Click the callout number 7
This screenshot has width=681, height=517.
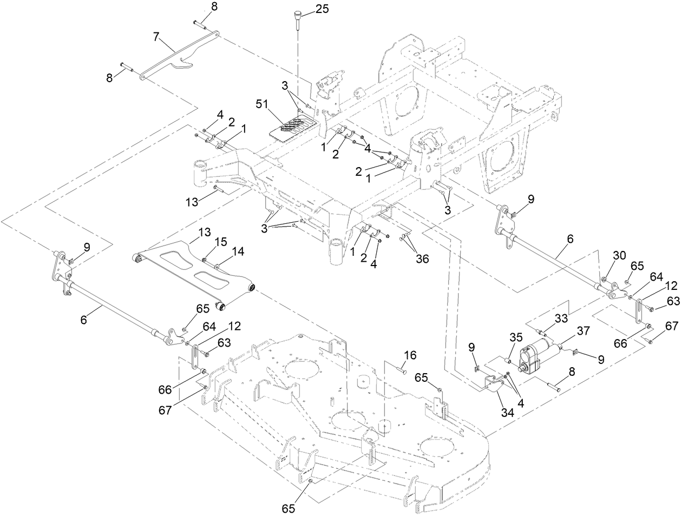(x=156, y=37)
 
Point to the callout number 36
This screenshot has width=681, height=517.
(x=421, y=258)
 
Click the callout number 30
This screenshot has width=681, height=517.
(x=619, y=255)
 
